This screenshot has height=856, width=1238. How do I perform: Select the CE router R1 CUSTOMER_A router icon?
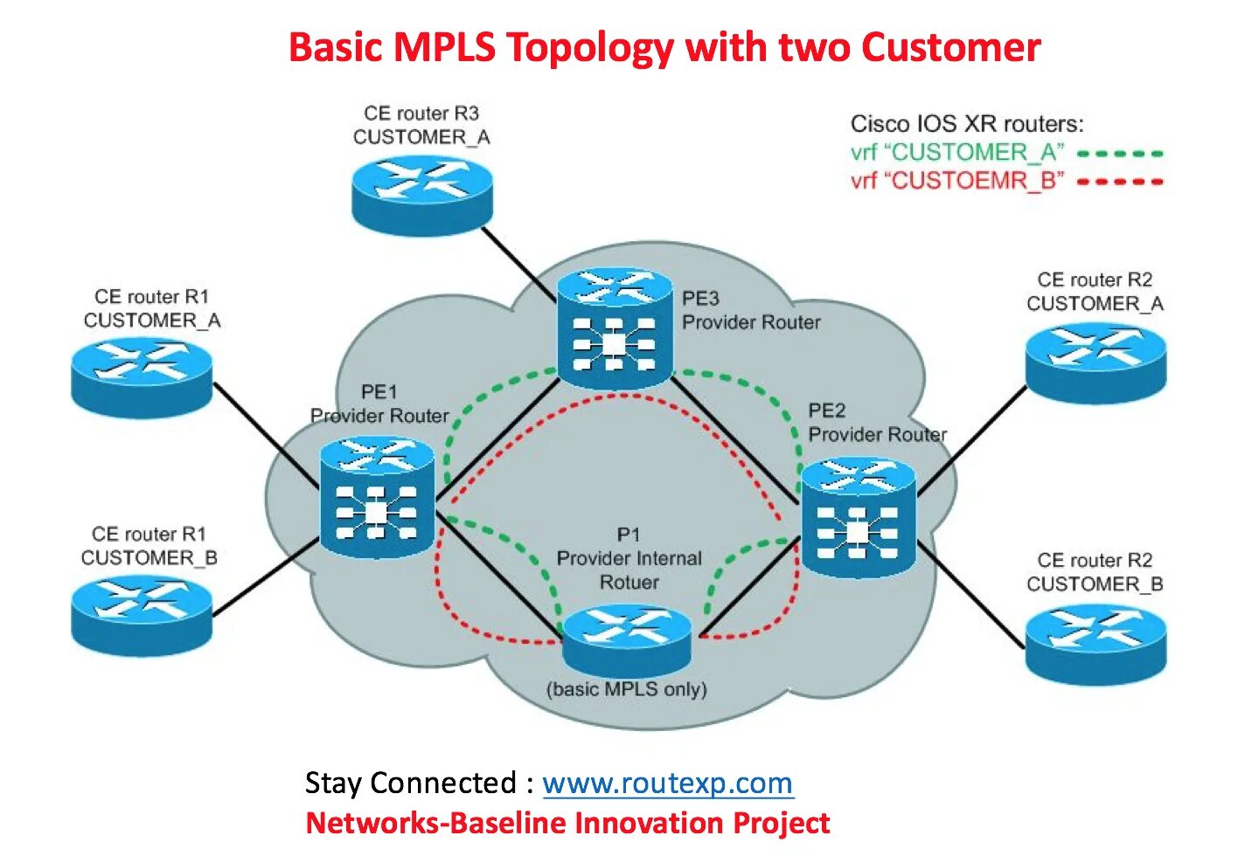(142, 377)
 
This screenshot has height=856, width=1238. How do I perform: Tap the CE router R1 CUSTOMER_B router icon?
(142, 616)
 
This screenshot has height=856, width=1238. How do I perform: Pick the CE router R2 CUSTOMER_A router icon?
(1095, 362)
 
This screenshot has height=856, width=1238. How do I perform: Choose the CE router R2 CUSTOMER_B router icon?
(1095, 644)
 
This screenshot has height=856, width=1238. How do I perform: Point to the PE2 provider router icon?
(858, 519)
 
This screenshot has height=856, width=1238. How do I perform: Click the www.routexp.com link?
(667, 784)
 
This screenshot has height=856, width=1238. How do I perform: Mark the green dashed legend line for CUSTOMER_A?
(1120, 154)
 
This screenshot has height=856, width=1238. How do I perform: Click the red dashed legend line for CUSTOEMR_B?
(1120, 182)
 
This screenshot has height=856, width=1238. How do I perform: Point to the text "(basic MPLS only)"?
(627, 689)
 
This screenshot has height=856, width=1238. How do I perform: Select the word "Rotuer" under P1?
(629, 583)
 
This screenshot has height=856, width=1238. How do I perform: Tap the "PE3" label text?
(700, 299)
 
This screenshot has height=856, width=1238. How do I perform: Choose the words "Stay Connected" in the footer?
(411, 784)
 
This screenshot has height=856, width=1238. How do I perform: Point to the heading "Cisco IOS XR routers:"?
(967, 124)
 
